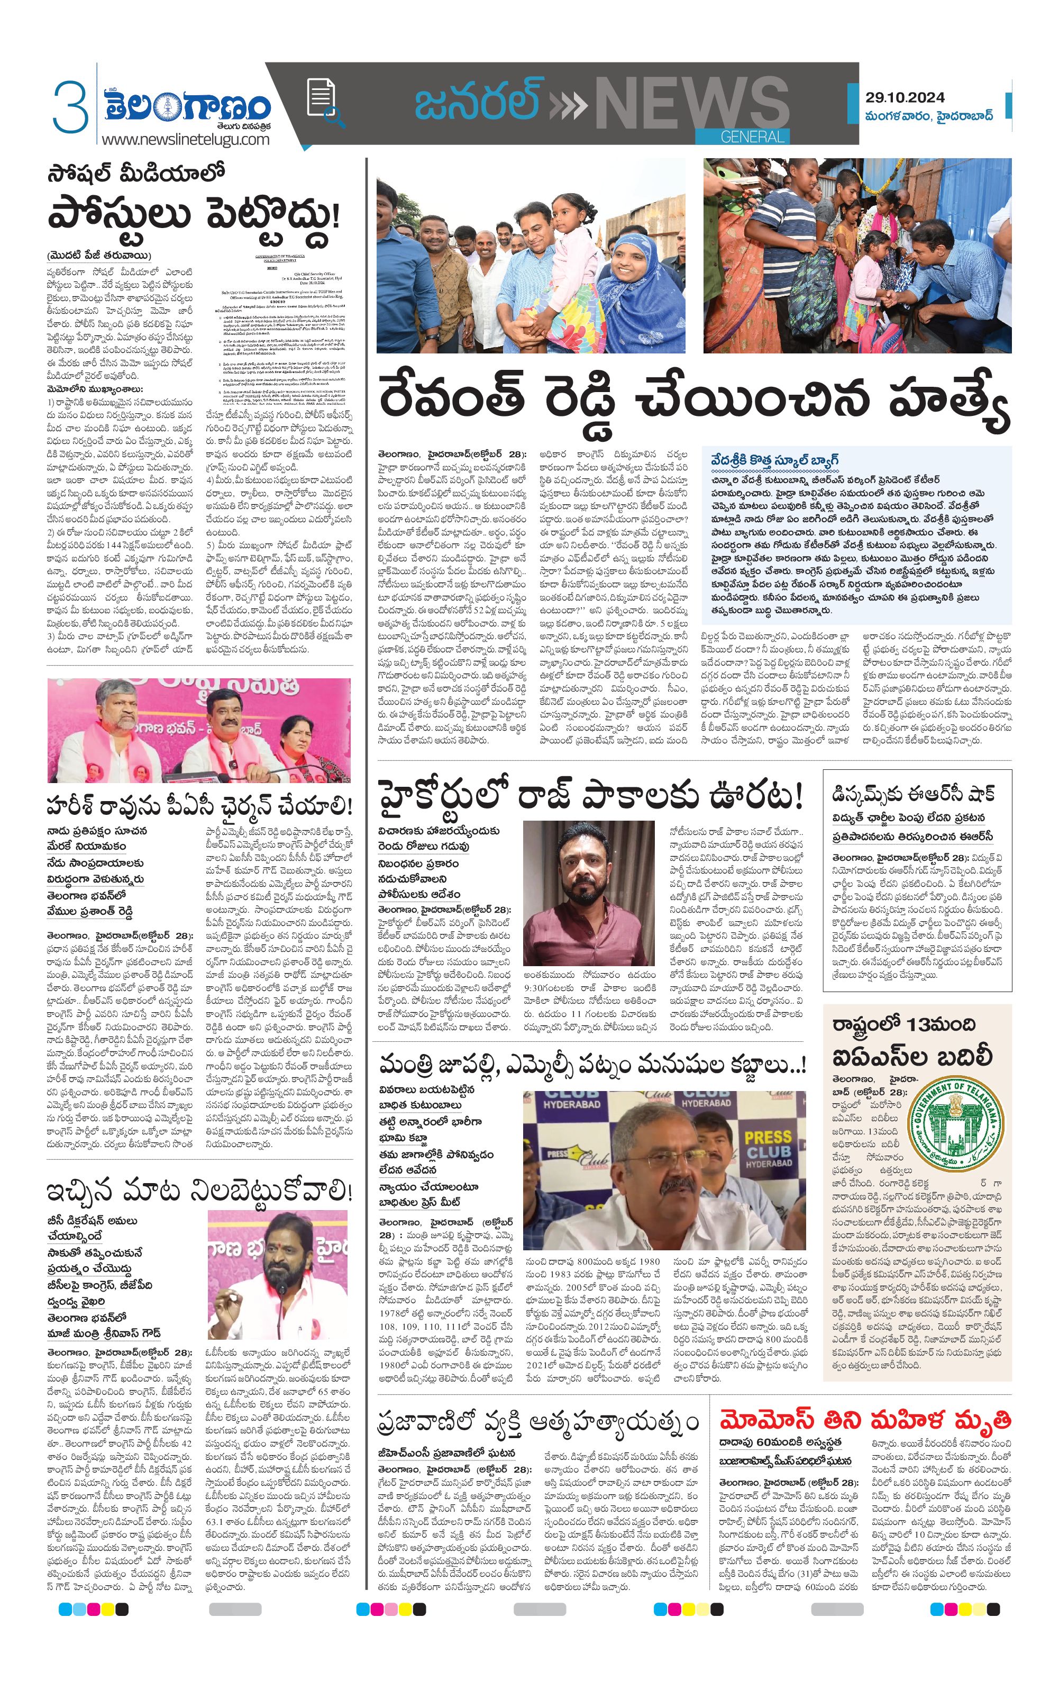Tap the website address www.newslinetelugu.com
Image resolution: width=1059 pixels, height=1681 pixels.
tap(185, 139)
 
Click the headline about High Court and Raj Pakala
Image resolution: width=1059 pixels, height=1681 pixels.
tap(590, 796)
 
